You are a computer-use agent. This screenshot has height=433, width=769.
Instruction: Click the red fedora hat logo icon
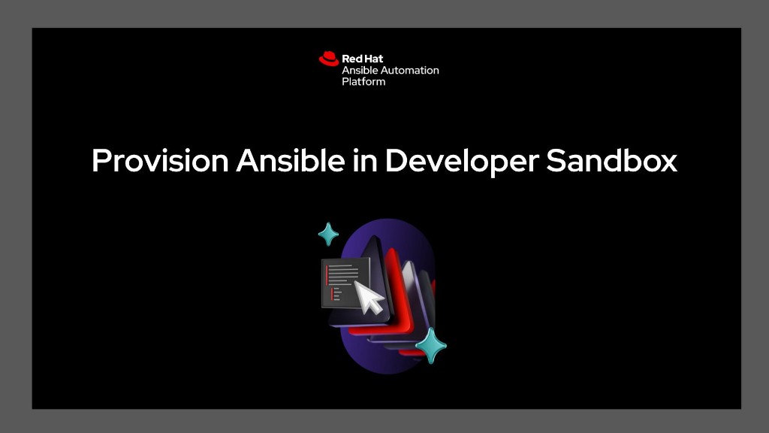(328, 58)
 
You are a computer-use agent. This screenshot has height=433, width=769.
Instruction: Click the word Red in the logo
(351, 58)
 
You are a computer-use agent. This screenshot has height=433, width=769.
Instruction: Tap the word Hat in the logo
(373, 58)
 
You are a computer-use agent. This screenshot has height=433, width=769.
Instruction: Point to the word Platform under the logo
(363, 81)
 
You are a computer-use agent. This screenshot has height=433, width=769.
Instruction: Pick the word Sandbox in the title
(611, 161)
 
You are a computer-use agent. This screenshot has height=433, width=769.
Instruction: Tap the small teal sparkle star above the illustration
(328, 235)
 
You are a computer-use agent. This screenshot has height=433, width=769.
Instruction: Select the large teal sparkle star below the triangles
(431, 346)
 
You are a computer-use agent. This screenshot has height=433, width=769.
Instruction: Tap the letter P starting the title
(101, 161)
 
